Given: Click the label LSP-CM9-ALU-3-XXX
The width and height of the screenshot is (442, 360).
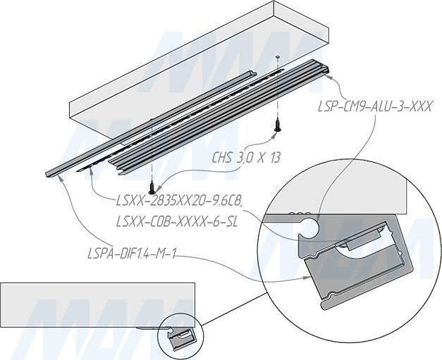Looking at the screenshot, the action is pyautogui.click(x=374, y=107).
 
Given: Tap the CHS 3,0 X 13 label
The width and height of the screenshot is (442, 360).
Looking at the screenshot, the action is pyautogui.click(x=246, y=158).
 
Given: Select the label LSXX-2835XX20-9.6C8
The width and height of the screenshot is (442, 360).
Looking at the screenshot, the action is pyautogui.click(x=179, y=201).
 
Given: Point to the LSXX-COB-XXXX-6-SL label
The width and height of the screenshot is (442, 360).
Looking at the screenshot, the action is pyautogui.click(x=177, y=222).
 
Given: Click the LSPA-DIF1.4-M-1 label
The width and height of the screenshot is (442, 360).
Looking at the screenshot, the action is pyautogui.click(x=132, y=254).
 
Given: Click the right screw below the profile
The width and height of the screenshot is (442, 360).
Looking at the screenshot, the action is pyautogui.click(x=277, y=126).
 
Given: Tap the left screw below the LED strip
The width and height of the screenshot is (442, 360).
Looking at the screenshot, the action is pyautogui.click(x=152, y=187).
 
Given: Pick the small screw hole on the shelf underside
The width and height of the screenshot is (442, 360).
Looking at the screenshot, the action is pyautogui.click(x=278, y=58).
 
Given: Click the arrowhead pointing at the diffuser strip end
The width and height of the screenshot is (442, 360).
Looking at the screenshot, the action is pyautogui.click(x=59, y=178).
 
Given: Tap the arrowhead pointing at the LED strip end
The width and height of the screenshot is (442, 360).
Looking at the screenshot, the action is pyautogui.click(x=90, y=170).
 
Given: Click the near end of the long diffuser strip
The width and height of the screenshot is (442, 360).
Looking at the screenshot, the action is pyautogui.click(x=47, y=174).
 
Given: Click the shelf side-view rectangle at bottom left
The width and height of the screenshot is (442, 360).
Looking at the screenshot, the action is pyautogui.click(x=97, y=305).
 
